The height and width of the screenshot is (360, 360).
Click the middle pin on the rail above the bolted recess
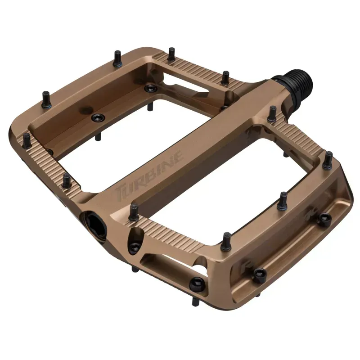(x=283, y=200)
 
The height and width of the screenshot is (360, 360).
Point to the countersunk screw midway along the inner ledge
(x=97, y=117)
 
